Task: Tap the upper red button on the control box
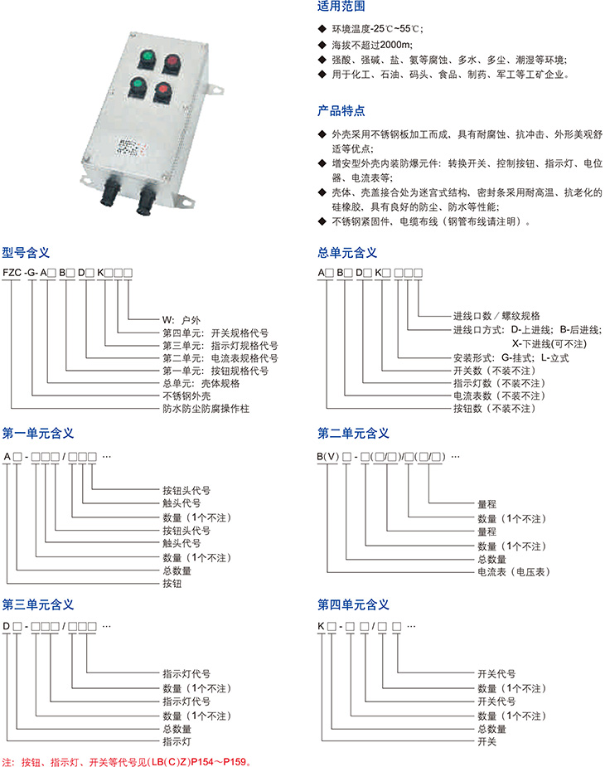(x=172, y=63)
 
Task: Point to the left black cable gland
(x=109, y=192)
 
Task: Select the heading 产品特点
(x=341, y=110)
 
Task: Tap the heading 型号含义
(x=26, y=253)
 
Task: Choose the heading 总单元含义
(x=347, y=253)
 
